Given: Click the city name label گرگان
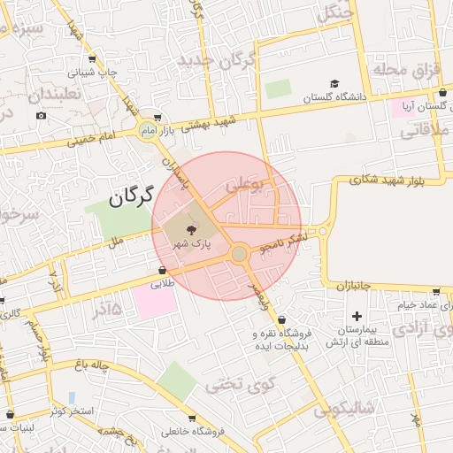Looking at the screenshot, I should coord(132,196).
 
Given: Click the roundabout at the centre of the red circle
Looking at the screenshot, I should coord(239,255).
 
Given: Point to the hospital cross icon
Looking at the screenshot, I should coord(357,316).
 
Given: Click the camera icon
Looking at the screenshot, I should coord(41,116).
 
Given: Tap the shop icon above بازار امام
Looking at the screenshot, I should coord(157,117).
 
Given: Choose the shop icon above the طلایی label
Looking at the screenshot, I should coord(162,271).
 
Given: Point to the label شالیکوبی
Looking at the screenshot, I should coord(345,408).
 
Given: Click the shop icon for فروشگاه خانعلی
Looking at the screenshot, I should coord(191,418).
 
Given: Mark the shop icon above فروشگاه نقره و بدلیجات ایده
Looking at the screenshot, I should coord(281,319).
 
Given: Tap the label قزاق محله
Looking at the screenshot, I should coord(406,69).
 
